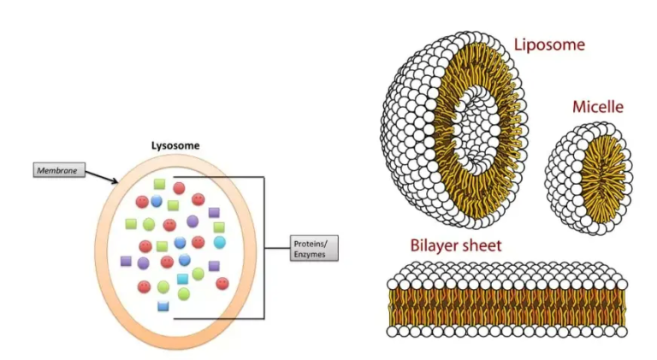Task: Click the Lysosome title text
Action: (x=175, y=145)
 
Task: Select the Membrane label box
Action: (x=59, y=170)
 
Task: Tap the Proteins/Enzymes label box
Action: (x=313, y=248)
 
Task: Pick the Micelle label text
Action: (x=597, y=107)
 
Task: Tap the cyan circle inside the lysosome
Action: (x=220, y=242)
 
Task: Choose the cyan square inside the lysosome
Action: (x=181, y=279)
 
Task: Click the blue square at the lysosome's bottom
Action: (x=163, y=305)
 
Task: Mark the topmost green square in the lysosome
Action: (x=159, y=184)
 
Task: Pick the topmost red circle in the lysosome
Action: (x=179, y=187)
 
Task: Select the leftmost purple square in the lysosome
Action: (x=127, y=260)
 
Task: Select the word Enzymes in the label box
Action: (x=309, y=254)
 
